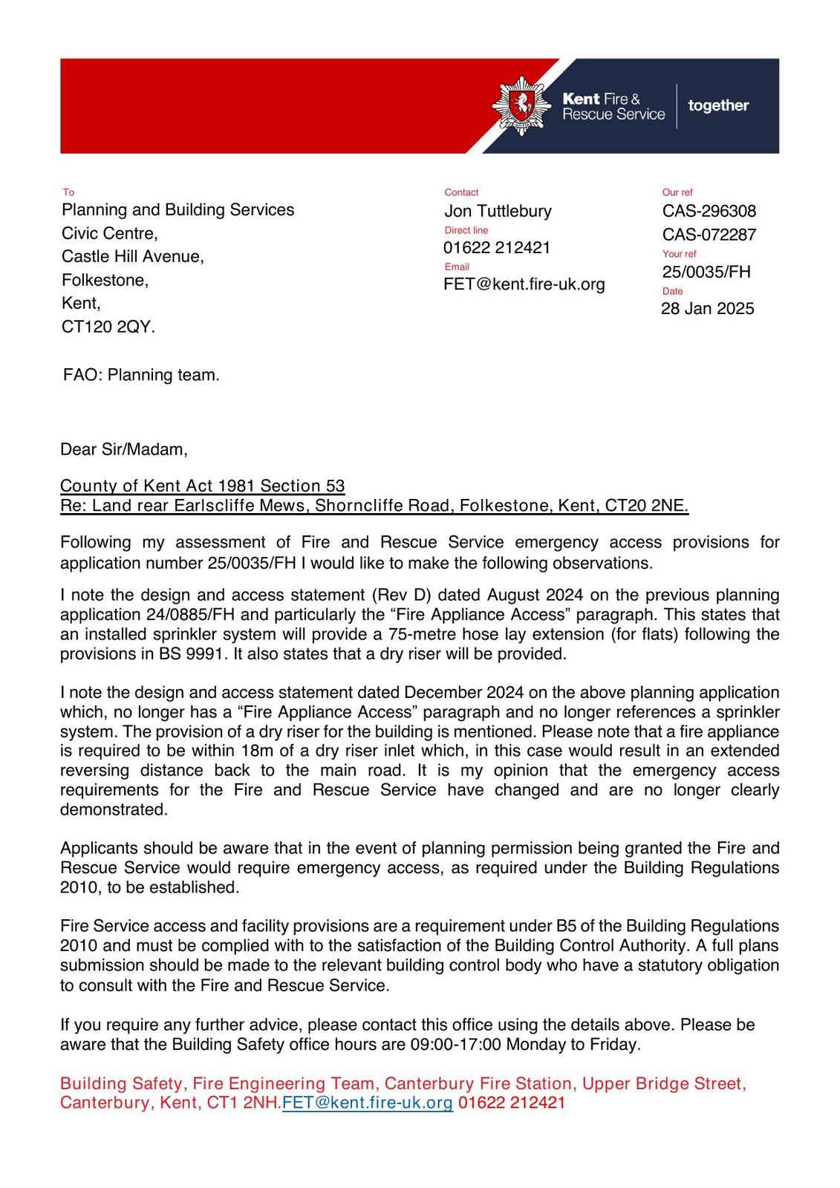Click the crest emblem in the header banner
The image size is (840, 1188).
click(521, 105)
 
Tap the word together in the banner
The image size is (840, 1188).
click(718, 105)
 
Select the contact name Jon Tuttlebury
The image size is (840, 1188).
click(498, 211)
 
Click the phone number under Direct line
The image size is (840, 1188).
click(497, 248)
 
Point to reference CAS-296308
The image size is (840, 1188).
click(709, 211)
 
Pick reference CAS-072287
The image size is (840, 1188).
click(709, 235)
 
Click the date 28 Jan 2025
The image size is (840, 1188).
click(707, 308)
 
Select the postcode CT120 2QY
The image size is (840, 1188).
click(108, 327)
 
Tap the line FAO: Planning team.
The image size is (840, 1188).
click(141, 375)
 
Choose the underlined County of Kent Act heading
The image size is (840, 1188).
click(202, 486)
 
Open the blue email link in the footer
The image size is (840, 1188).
click(367, 1103)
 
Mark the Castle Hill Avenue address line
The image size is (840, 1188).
click(132, 257)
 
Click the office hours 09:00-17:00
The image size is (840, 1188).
click(455, 1045)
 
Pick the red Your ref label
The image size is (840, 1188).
click(679, 254)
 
